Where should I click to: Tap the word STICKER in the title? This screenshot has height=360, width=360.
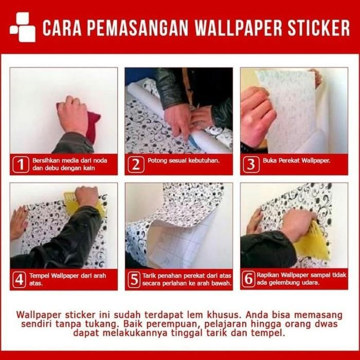point(319,28)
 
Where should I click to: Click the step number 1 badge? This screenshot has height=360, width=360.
point(20,165)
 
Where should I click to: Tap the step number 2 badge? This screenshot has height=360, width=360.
point(136,165)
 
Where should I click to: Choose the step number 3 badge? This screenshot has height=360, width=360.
point(250,165)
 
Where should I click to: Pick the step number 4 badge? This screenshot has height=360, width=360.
point(20,279)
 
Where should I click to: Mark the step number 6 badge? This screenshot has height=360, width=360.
point(249,279)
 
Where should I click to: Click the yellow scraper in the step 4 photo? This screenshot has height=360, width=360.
point(72,204)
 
